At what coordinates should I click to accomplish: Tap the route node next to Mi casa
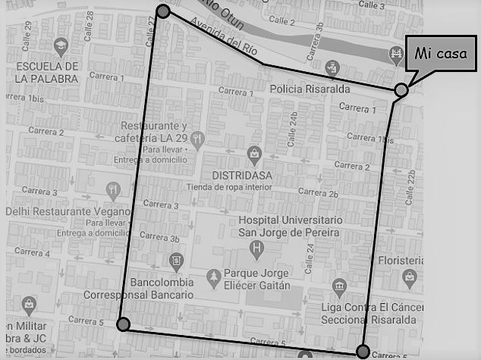pyautogui.click(x=401, y=90)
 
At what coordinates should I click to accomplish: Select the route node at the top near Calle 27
pyautogui.click(x=163, y=11)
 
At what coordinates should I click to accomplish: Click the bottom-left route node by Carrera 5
pyautogui.click(x=124, y=324)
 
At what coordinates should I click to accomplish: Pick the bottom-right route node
pyautogui.click(x=363, y=351)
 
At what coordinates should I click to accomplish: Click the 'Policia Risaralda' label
pyautogui.click(x=310, y=89)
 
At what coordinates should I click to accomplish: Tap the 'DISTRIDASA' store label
pyautogui.click(x=237, y=176)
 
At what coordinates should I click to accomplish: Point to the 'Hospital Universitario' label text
pyautogui.click(x=290, y=220)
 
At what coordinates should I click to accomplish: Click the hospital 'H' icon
pyautogui.click(x=258, y=247)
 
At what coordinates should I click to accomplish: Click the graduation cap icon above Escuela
pyautogui.click(x=58, y=47)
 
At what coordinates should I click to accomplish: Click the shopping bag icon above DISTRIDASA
pyautogui.click(x=255, y=156)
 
